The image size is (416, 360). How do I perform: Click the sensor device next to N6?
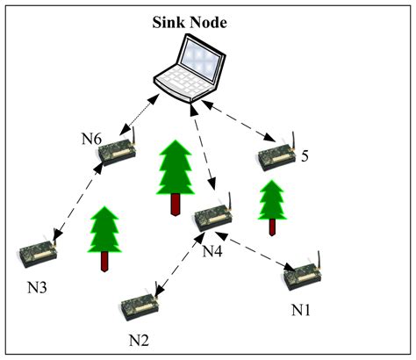pyautogui.click(x=118, y=151)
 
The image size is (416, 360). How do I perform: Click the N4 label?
pyautogui.click(x=213, y=252)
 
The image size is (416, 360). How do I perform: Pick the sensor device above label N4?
pyautogui.click(x=212, y=219)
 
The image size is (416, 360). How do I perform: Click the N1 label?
pyautogui.click(x=301, y=310)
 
